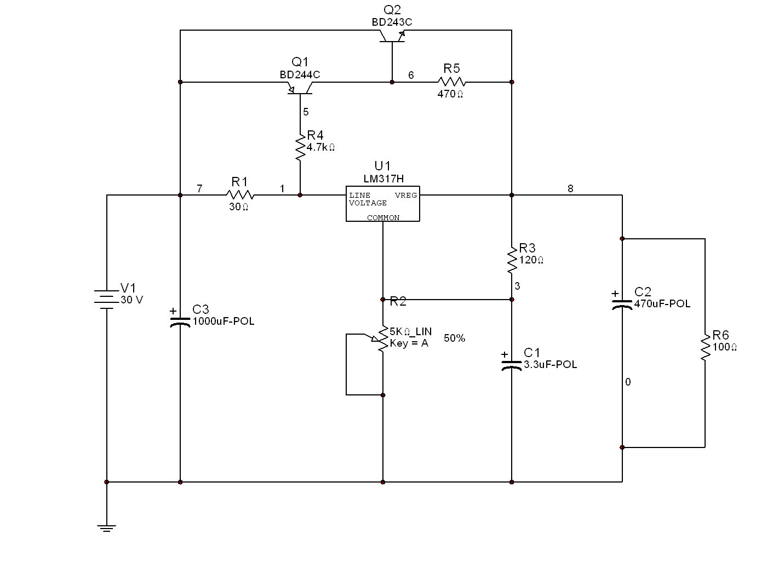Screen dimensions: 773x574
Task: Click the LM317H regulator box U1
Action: (x=382, y=204)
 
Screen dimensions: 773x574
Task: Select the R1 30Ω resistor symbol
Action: (x=240, y=195)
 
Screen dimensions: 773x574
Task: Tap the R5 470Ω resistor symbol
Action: (x=451, y=82)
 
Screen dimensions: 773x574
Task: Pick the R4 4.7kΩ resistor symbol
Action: (x=300, y=147)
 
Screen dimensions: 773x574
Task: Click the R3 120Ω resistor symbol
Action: (x=512, y=260)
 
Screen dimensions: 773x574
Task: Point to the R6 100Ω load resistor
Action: (x=705, y=347)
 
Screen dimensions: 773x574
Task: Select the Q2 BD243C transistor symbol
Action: (x=392, y=36)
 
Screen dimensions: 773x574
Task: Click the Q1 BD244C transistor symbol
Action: (x=300, y=88)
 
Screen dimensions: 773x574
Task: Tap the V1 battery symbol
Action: (x=107, y=300)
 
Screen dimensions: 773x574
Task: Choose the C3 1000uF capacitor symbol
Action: (x=180, y=323)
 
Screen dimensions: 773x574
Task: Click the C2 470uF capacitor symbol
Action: (x=622, y=305)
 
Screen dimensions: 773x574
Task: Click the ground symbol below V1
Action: (x=107, y=528)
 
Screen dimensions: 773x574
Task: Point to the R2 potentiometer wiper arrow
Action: (x=371, y=337)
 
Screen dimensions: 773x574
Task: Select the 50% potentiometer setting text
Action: (x=455, y=338)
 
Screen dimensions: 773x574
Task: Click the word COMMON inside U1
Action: (x=383, y=217)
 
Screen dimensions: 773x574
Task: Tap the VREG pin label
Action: (x=405, y=195)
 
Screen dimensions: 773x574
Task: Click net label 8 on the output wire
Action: (x=570, y=188)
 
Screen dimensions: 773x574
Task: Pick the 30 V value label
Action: (x=131, y=300)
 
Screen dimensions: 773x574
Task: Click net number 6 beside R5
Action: (x=411, y=75)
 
